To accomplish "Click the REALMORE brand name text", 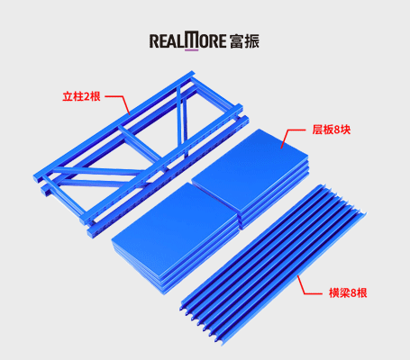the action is pos(187,40).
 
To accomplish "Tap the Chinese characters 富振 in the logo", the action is pos(244,41).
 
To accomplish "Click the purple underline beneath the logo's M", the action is pos(191,49).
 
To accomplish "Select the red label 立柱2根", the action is pos(81,96).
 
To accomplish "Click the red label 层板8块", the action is pos(332,130).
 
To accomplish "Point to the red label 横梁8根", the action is pos(348,292).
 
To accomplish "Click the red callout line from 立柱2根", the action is pos(118,102).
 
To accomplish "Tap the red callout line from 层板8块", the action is pos(292,137).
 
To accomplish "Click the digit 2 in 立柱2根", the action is pos(86,97).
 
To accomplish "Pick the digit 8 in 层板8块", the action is pos(336,130).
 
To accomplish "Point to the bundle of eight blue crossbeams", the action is pos(273,265).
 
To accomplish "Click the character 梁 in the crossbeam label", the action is pos(344,292).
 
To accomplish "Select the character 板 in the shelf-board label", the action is pos(328,130).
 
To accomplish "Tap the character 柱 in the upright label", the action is pos(77,96).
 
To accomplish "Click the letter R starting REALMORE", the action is pos(154,41).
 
